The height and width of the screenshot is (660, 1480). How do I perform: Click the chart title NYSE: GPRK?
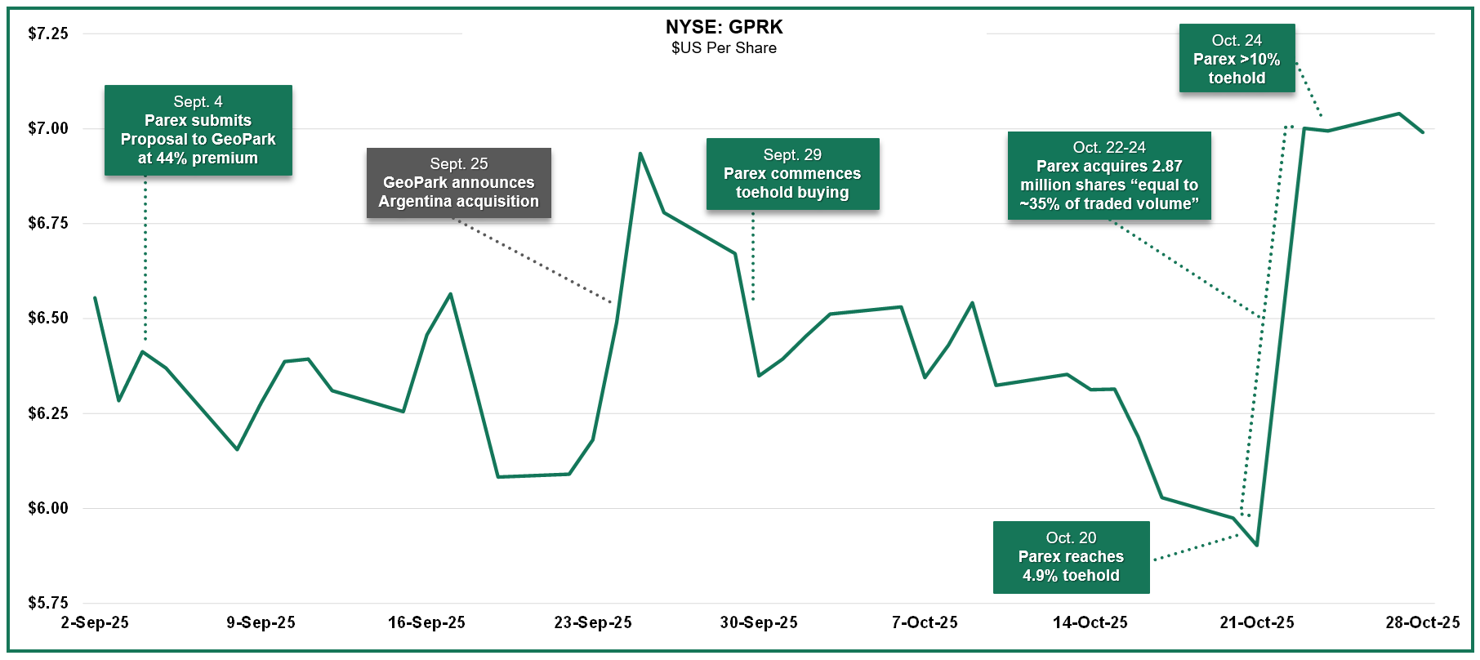point(724,27)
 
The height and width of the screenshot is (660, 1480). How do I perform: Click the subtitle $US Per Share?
point(724,48)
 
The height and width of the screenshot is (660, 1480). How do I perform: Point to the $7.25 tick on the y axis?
point(48,33)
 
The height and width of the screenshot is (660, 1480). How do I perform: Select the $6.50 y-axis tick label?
point(48,318)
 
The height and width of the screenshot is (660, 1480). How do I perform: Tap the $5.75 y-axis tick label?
point(48,603)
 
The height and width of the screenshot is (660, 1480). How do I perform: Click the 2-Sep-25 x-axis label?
point(95,622)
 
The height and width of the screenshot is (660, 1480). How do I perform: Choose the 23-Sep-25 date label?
point(593,622)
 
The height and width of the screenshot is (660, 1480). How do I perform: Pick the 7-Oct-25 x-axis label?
point(925,622)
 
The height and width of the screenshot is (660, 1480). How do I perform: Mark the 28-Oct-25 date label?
point(1422,622)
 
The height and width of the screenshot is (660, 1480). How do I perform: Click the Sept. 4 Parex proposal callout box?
point(198,130)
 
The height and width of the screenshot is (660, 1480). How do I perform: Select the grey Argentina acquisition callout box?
point(458,183)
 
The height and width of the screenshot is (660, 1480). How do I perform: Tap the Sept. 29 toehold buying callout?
point(792,174)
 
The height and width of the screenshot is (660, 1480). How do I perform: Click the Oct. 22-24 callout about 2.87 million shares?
point(1108,176)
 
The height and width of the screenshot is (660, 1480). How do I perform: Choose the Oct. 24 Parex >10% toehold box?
point(1237,59)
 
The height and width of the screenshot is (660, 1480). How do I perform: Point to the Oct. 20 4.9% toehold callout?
point(1071,557)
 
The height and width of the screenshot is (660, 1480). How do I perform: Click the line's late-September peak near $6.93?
point(640,153)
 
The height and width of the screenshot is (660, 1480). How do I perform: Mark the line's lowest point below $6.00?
point(1256,545)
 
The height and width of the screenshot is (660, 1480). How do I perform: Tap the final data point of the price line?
point(1423,132)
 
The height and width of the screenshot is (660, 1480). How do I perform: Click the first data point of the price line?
point(95,297)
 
